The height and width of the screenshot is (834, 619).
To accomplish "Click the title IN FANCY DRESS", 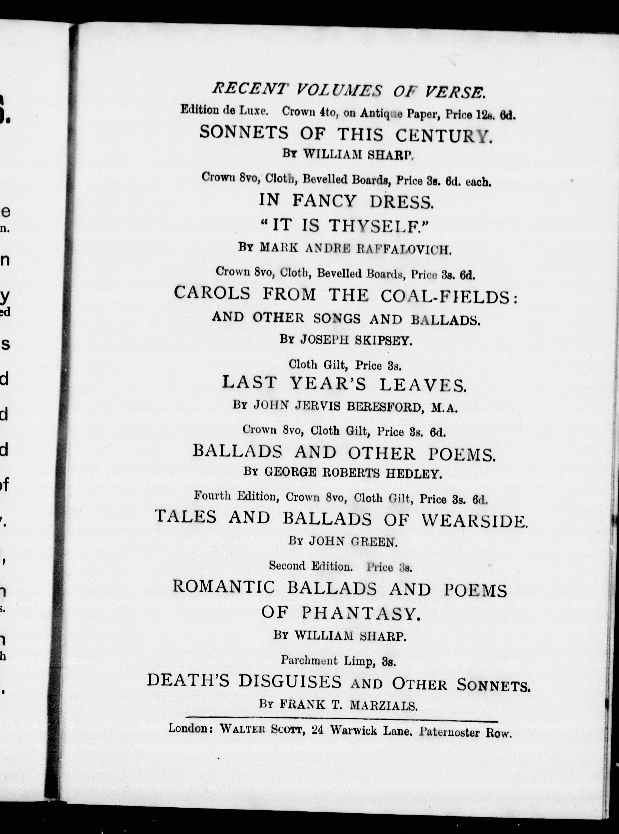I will [346, 201].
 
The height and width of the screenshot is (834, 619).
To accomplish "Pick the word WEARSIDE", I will [474, 520].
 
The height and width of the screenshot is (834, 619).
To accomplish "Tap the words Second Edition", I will [311, 566].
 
